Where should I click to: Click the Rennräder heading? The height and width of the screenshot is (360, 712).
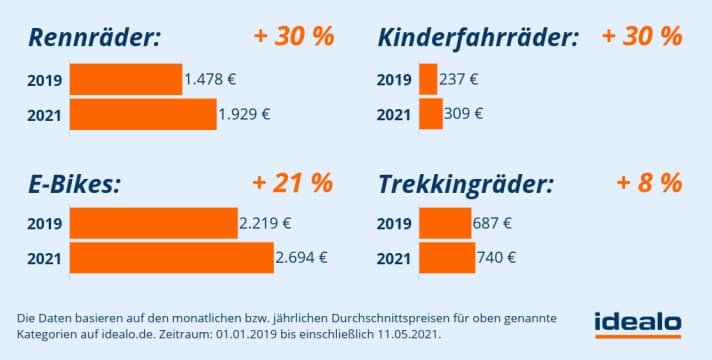pos(95,39)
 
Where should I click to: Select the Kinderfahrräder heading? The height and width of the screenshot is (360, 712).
pos(479,39)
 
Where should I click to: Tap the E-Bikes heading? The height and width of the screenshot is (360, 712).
pos(75,185)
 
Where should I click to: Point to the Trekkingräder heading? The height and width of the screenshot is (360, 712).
pos(466,185)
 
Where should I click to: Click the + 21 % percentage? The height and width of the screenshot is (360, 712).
pos(293,183)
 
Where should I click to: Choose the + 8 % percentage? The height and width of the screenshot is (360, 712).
pos(649,183)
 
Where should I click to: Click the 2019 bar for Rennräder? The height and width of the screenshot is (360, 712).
pos(126,79)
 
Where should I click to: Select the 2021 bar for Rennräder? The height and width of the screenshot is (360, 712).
pos(143,114)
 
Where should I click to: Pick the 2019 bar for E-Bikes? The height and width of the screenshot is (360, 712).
pos(153,223)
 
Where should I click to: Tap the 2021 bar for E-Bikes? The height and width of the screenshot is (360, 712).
pos(171,258)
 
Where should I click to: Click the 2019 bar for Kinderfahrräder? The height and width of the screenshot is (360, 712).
pos(428,79)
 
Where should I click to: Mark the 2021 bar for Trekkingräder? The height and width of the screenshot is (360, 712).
pos(447,258)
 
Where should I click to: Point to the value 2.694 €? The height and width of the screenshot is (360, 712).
pos(301,258)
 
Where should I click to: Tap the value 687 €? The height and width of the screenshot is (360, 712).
pos(492,223)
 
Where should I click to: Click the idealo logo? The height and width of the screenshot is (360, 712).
pos(636,323)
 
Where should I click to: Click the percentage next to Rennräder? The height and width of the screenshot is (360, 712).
pos(293,37)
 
